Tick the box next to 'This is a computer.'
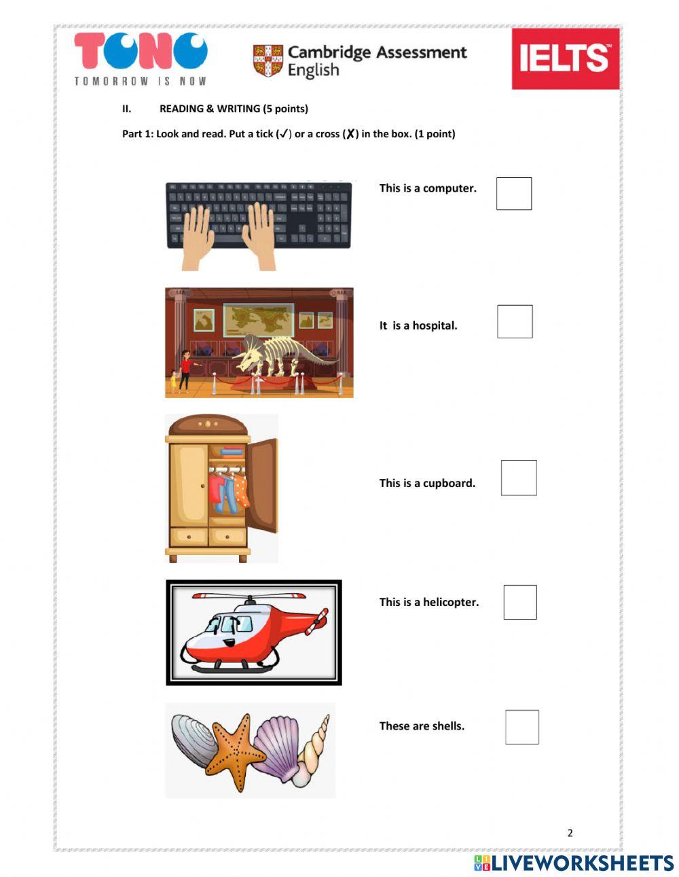coord(514,194)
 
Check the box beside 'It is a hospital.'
coord(515,321)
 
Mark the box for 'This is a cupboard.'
coord(519,478)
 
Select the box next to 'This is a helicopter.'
coord(520,602)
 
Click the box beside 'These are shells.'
coord(522,727)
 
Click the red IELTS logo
coord(566,58)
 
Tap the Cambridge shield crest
coord(268,60)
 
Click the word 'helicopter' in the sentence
coord(451,602)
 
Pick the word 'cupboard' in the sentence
coord(449,483)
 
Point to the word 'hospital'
coord(435,325)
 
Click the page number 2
coord(570,833)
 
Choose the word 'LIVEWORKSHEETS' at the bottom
coord(582,863)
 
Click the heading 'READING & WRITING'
coord(234,109)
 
